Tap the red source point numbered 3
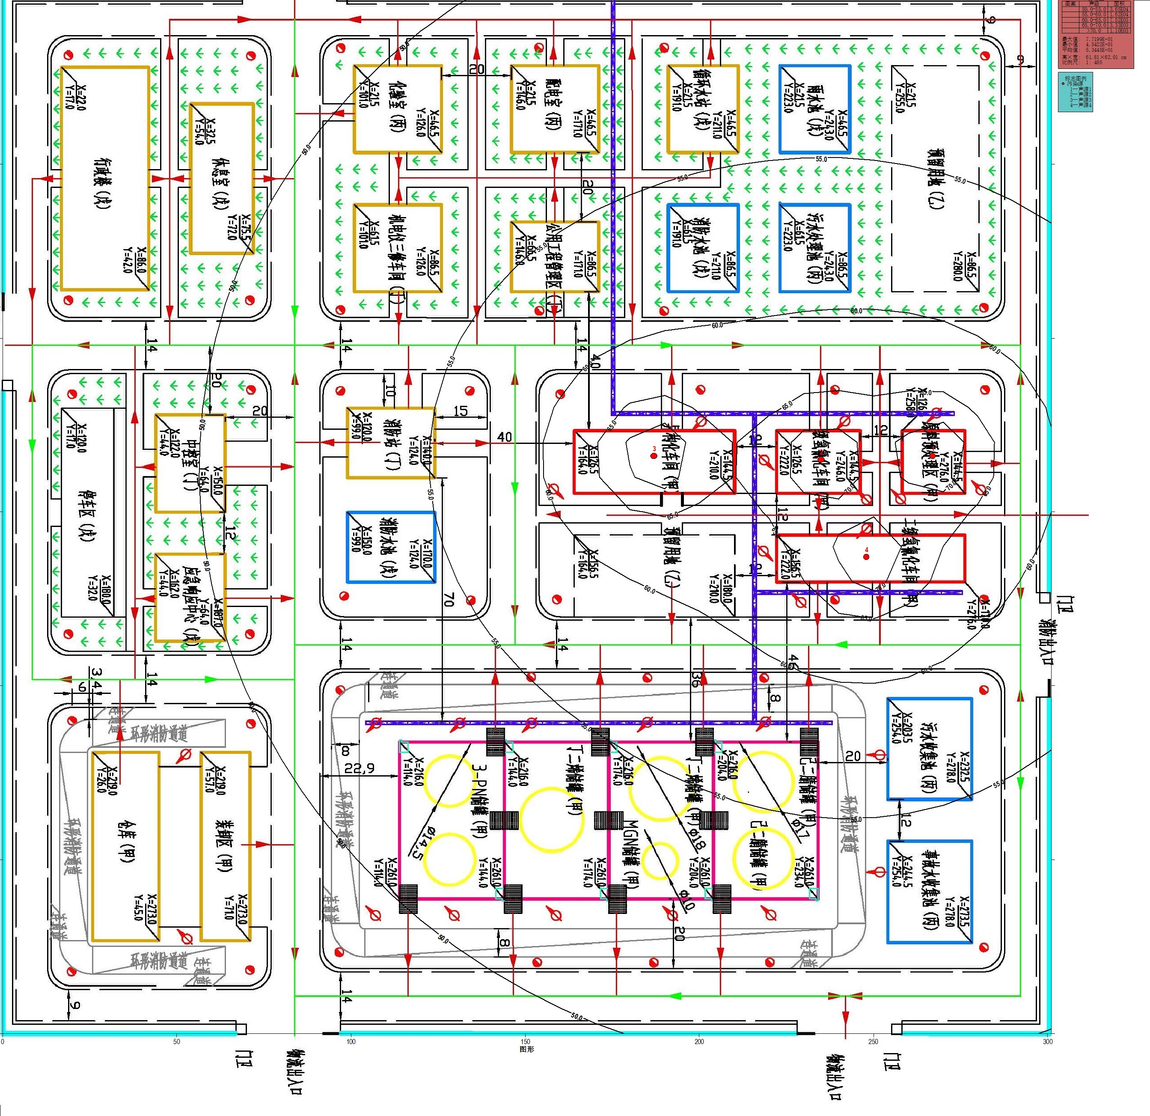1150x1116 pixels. pyautogui.click(x=654, y=455)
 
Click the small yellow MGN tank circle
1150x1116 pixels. pyautogui.click(x=660, y=860)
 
